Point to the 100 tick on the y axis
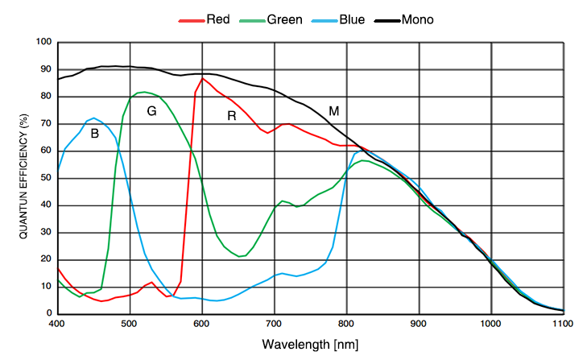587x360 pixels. point(43,42)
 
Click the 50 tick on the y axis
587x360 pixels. point(46,178)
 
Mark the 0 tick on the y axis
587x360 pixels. point(49,313)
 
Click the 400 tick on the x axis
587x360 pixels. point(57,324)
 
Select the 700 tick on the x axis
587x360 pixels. point(275,324)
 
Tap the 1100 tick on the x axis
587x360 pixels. point(562,324)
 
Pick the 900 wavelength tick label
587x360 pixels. point(419,324)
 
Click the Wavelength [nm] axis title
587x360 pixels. point(309,345)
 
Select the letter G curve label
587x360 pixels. point(151,111)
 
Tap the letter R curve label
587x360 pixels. point(232,116)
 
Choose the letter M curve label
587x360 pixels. point(333,110)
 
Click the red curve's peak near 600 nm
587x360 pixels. point(203,78)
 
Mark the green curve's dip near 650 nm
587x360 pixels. point(240,256)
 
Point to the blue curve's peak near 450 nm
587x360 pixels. point(94,118)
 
